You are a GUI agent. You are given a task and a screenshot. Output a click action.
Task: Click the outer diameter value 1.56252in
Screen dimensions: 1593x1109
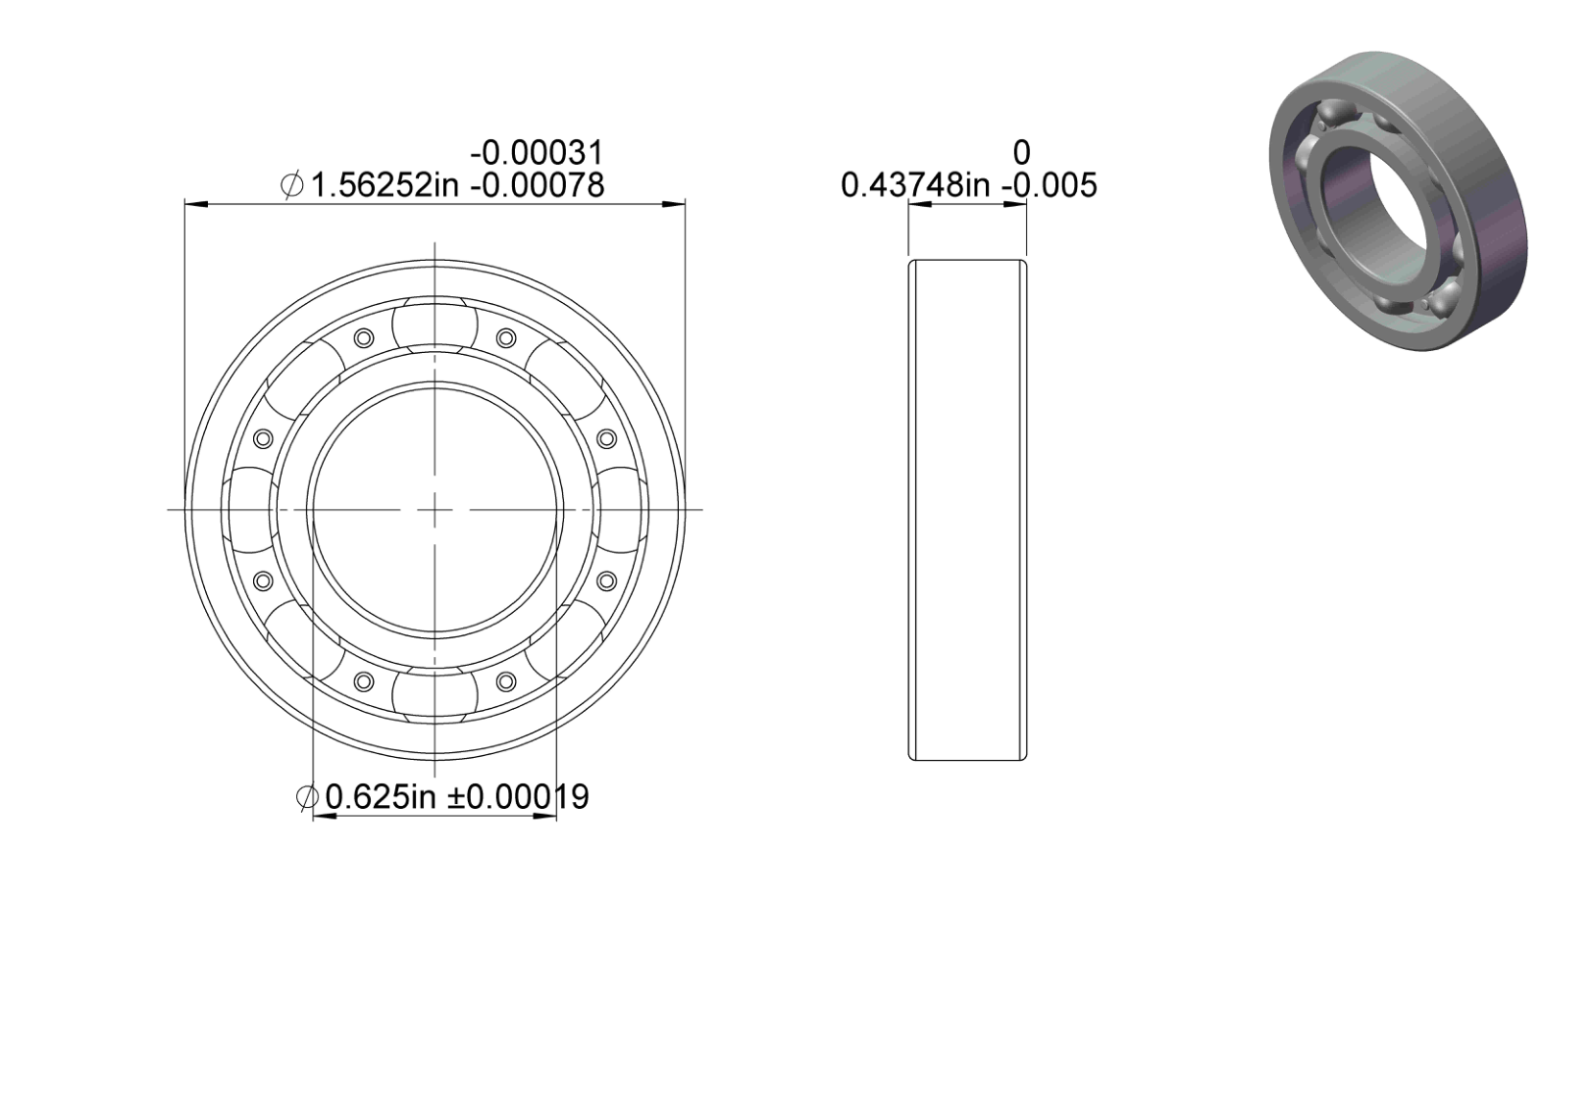385,186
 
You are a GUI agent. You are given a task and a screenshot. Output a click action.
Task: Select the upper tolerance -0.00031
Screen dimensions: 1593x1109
537,153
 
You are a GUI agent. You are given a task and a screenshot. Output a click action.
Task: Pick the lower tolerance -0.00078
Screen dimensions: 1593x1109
537,186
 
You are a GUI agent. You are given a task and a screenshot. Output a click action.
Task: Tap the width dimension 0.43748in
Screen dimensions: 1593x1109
915,186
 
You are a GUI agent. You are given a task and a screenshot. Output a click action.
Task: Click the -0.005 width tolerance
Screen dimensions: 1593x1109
1049,186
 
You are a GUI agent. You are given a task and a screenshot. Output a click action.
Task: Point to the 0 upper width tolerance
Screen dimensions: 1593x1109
1021,153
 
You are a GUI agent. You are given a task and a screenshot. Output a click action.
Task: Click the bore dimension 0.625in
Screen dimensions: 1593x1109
380,797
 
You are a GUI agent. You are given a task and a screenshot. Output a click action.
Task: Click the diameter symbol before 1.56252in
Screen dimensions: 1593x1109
291,186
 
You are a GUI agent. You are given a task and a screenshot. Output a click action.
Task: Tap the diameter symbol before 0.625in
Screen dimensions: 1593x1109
307,797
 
